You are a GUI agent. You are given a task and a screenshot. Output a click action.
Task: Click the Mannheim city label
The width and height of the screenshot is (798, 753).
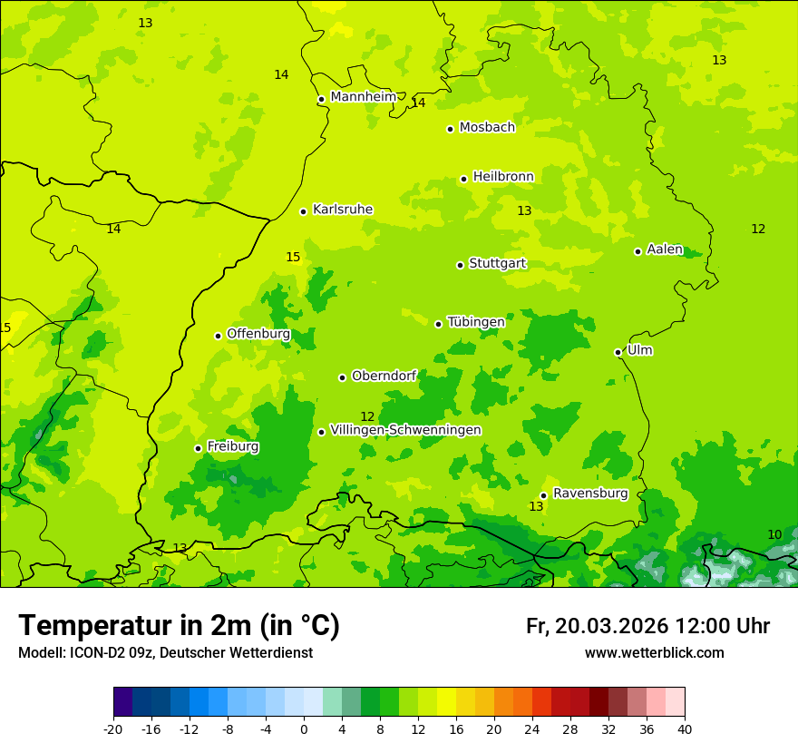click(363, 96)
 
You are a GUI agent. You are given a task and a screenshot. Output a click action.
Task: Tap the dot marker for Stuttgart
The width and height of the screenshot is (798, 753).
click(460, 265)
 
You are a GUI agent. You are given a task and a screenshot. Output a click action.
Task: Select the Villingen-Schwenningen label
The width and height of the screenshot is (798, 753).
click(405, 429)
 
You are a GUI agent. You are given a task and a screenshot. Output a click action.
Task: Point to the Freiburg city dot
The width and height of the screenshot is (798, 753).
click(198, 448)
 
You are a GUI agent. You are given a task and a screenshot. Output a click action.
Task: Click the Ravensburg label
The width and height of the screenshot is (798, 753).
click(590, 493)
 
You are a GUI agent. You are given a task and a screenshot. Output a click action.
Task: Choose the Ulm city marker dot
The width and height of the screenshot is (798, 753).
click(618, 352)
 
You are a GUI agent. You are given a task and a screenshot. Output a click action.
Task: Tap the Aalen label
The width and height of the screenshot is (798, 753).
click(665, 249)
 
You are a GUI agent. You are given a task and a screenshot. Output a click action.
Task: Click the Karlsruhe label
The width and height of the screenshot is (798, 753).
click(342, 209)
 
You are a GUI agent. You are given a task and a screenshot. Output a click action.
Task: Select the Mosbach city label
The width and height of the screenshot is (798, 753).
click(487, 127)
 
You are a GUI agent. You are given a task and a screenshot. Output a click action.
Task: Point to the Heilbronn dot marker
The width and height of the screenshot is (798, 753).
click(463, 179)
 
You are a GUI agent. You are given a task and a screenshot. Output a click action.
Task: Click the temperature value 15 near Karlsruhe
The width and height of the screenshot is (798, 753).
click(293, 257)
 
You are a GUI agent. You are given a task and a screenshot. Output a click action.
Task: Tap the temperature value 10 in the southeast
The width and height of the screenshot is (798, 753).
click(774, 534)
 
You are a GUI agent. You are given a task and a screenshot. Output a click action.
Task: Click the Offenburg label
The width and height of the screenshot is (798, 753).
click(258, 333)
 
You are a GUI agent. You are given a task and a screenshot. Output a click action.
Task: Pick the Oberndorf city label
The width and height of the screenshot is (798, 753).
click(384, 375)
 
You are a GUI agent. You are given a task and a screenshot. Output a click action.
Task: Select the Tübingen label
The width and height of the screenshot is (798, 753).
click(476, 321)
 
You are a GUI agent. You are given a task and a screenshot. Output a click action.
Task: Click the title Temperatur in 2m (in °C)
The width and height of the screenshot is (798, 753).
click(179, 625)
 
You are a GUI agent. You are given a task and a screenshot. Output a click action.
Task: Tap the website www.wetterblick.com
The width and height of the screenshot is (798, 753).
click(654, 652)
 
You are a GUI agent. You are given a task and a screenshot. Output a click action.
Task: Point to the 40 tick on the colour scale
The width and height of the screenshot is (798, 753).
click(684, 729)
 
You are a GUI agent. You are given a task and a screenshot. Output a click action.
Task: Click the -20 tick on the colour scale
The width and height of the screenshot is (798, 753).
click(113, 729)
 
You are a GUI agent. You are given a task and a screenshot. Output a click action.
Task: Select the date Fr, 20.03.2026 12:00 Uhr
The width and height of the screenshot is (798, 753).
click(647, 626)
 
